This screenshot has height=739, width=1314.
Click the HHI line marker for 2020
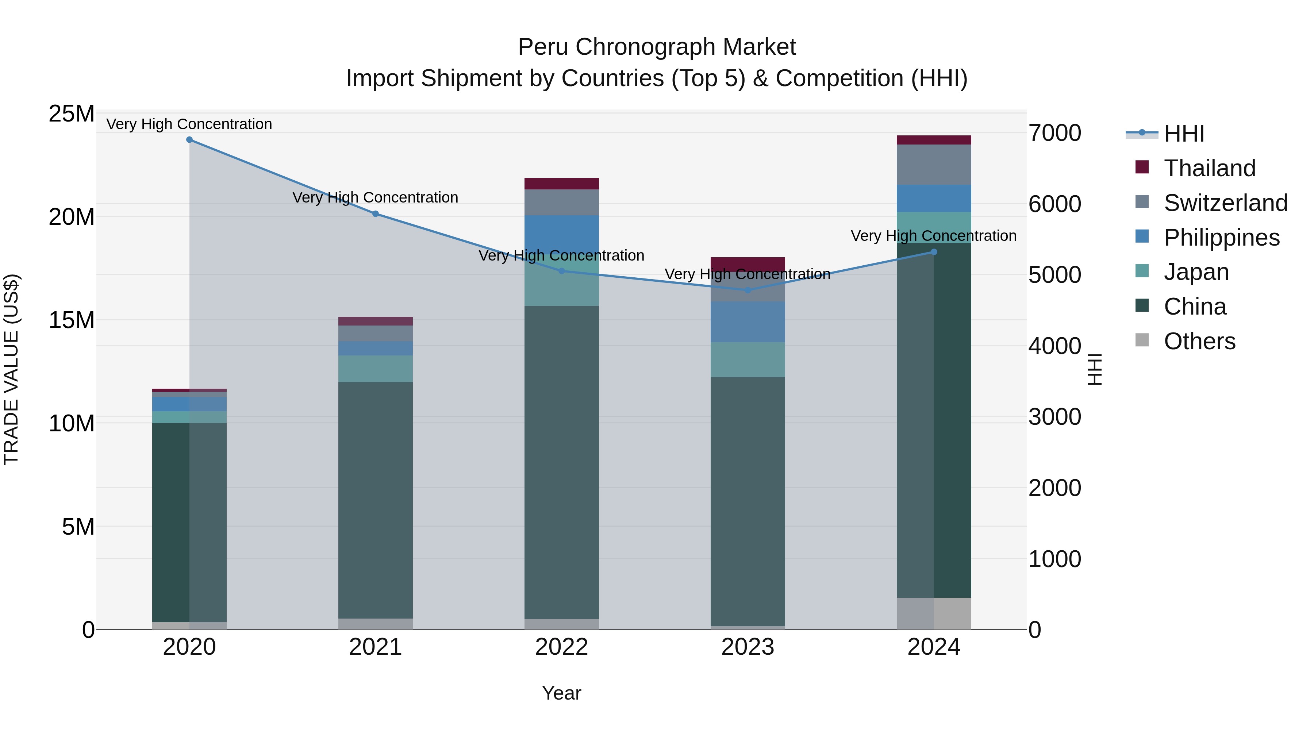(x=189, y=140)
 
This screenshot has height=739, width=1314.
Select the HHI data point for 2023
(x=748, y=290)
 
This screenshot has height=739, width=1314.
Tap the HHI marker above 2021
(x=376, y=214)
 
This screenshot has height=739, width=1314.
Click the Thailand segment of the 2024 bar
(x=934, y=140)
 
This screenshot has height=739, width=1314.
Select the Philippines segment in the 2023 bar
(x=748, y=322)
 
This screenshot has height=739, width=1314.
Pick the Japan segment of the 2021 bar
(x=376, y=369)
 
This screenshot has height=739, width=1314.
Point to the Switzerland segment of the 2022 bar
(x=562, y=203)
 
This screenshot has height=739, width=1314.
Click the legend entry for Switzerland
(x=1225, y=203)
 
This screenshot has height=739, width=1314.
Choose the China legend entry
(x=1195, y=307)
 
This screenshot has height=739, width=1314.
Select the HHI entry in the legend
(x=1183, y=134)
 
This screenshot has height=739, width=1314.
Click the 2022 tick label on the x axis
(x=562, y=647)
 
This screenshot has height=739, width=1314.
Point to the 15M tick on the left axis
(x=72, y=320)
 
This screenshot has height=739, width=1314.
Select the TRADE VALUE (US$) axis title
(x=12, y=370)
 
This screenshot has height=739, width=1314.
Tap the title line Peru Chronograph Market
(x=657, y=47)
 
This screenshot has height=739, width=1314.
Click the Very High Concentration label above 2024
(x=933, y=236)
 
